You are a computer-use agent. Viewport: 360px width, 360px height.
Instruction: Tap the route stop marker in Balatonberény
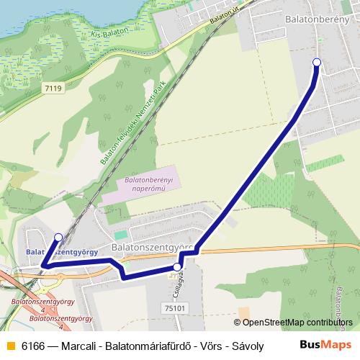click(x=316, y=63)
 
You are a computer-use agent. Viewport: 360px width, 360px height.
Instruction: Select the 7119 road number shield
click(x=53, y=88)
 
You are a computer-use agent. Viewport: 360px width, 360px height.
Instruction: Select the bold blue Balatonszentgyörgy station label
click(x=62, y=252)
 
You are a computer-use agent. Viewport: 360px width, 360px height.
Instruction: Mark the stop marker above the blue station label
click(x=58, y=237)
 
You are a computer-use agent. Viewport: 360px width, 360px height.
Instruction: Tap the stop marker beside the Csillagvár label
click(x=177, y=268)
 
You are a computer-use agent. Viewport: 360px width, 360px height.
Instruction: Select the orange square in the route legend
click(x=9, y=346)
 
